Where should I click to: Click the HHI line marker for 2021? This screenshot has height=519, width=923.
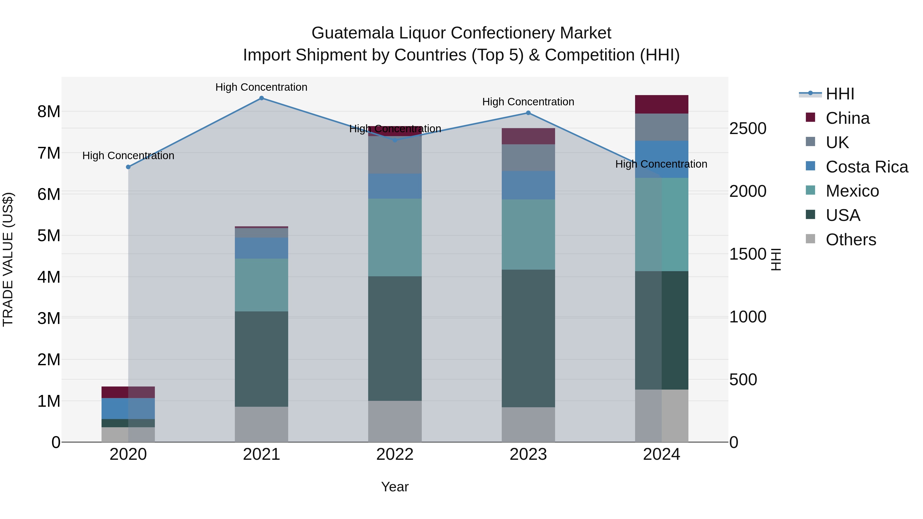coord(261,98)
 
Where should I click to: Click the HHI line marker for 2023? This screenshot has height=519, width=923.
coord(528,113)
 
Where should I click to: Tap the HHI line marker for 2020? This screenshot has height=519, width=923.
coord(128,167)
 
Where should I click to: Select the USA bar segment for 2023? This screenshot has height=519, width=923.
coord(528,339)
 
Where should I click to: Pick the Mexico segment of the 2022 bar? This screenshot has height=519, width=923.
coord(395,238)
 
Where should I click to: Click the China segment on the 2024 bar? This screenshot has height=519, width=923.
coord(661,104)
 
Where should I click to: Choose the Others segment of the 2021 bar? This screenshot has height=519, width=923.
coord(261,424)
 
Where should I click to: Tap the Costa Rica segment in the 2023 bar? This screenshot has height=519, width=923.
coord(528,185)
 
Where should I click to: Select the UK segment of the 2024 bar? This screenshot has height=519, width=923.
coord(661,127)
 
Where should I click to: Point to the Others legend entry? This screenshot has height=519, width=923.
coord(851,240)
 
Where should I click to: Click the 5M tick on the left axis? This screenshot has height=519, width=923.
coord(49,236)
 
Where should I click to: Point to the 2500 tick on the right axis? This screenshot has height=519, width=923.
coord(748,129)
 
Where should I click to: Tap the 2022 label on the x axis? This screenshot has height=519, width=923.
coord(395,454)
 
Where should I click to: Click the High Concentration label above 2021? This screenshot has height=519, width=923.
coord(261,87)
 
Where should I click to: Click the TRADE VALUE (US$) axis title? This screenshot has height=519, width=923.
coord(8,259)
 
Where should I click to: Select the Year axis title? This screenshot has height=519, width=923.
coord(395,487)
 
